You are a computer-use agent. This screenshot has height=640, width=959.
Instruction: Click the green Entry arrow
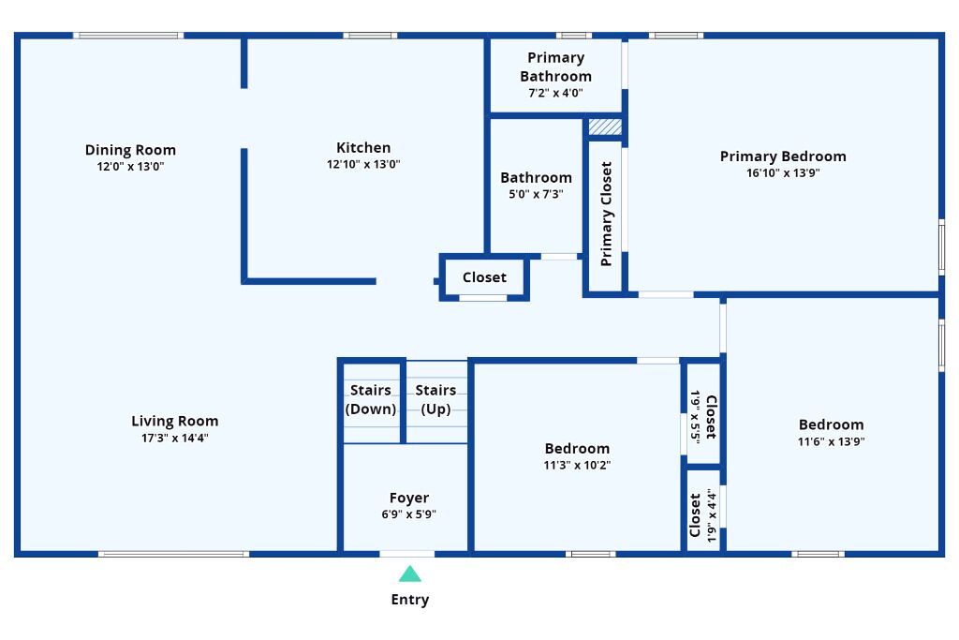click(410, 573)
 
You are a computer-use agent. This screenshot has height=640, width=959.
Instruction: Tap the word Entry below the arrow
click(410, 600)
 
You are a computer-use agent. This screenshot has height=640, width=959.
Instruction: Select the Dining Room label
click(130, 150)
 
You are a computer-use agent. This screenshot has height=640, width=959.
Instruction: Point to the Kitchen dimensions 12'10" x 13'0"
click(363, 164)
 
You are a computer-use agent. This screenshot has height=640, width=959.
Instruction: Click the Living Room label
click(175, 421)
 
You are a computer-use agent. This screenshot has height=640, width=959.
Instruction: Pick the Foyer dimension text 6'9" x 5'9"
click(408, 514)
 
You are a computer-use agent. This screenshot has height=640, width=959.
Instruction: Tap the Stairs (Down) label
click(371, 399)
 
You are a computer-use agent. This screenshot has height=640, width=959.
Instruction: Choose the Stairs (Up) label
click(435, 399)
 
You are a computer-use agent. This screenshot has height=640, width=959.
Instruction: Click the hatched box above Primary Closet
click(605, 127)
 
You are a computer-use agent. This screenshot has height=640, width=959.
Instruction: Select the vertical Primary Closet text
click(606, 215)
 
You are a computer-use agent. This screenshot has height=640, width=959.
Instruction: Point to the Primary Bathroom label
click(556, 67)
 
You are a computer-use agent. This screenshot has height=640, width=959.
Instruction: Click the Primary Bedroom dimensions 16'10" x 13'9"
click(783, 173)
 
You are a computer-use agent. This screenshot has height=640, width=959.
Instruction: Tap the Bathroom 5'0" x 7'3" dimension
click(536, 195)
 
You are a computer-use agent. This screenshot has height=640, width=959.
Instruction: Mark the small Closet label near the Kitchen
click(484, 277)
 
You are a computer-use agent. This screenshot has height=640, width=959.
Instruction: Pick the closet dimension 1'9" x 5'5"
click(696, 417)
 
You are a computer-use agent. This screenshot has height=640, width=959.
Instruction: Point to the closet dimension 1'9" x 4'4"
click(711, 515)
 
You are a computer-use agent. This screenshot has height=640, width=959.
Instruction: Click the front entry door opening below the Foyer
click(407, 555)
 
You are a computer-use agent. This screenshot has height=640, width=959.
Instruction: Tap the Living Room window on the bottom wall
click(173, 555)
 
